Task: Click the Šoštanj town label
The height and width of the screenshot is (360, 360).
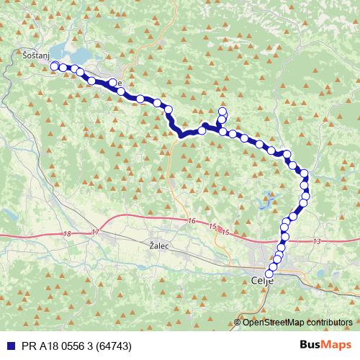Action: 36,55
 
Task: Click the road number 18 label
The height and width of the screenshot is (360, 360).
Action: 67,234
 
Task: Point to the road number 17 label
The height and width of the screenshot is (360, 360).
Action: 96,233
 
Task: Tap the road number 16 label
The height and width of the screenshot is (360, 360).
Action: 191,220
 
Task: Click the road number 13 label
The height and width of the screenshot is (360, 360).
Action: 318,242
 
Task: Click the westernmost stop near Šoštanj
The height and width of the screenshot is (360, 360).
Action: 54,66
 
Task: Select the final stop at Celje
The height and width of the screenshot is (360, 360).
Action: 270,274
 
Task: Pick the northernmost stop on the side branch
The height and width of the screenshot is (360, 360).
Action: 222,111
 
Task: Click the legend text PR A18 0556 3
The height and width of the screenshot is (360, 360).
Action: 61,346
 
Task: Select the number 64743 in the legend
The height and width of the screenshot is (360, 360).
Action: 117,346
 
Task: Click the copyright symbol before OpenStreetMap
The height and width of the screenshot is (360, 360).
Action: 238,323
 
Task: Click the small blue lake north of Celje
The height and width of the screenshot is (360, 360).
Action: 268,196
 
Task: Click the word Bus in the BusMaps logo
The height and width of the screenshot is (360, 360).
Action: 311,346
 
